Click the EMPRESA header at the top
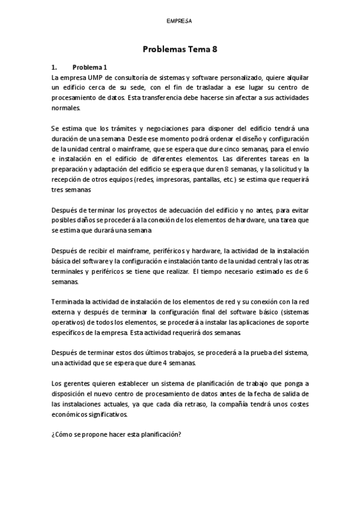180,20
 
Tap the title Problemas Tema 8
180,51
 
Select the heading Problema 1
89,67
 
